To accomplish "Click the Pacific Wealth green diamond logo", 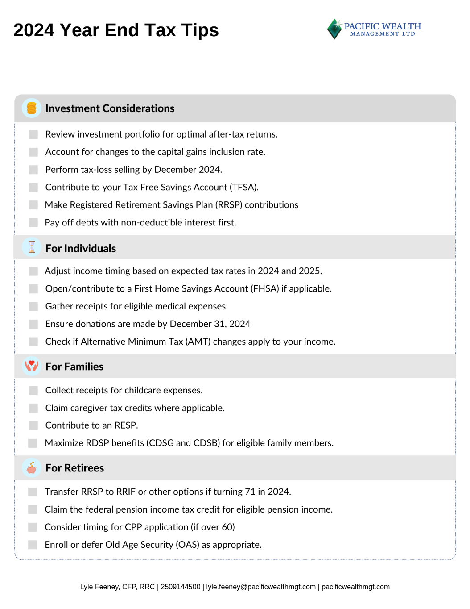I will tap(334, 29).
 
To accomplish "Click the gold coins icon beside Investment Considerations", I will tap(31, 108).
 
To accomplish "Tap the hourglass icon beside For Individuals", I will tap(31, 247).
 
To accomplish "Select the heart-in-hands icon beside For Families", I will tap(31, 366).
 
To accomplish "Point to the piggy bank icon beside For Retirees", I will tap(31, 467).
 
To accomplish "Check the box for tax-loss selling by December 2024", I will tap(33, 170).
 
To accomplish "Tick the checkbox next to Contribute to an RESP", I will tap(33, 425).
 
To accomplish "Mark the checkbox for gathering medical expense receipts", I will tap(33, 306).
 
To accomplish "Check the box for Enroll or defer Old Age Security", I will tap(33, 545).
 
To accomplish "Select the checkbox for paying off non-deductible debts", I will tap(33, 222).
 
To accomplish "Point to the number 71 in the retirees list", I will tap(250, 492).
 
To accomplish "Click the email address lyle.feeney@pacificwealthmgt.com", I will tap(261, 587).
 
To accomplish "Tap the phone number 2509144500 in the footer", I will tap(181, 587).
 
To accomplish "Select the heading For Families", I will tap(74, 367).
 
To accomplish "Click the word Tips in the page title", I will tap(200, 30).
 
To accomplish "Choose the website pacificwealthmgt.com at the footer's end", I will tap(355, 587).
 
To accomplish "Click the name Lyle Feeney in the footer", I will tap(99, 587).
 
